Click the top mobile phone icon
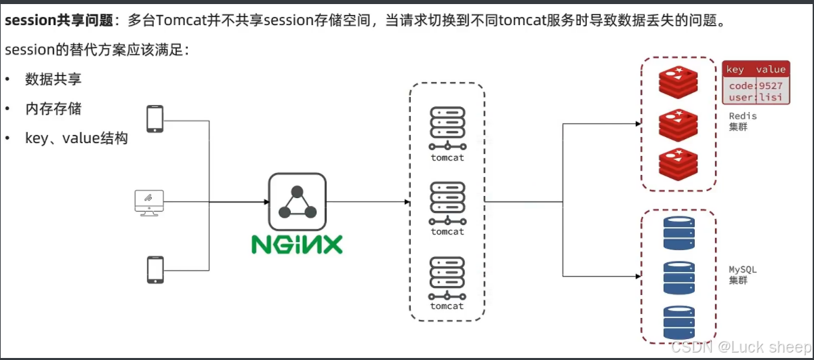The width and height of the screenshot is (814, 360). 155,119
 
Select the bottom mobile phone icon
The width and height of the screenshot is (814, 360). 155,269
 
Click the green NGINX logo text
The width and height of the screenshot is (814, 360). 297,244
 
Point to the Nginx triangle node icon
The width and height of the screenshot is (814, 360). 297,201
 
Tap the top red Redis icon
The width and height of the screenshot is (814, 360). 678,83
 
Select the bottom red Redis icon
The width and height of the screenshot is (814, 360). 678,165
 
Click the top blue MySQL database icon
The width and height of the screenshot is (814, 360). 678,233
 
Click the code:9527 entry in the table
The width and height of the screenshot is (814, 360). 756,85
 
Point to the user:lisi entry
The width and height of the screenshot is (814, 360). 756,97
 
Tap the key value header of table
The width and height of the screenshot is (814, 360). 756,69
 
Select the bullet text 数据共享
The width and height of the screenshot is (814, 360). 54,79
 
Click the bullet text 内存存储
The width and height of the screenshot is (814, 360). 54,108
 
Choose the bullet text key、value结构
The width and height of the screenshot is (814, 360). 77,138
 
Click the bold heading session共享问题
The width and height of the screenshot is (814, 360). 58,20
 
